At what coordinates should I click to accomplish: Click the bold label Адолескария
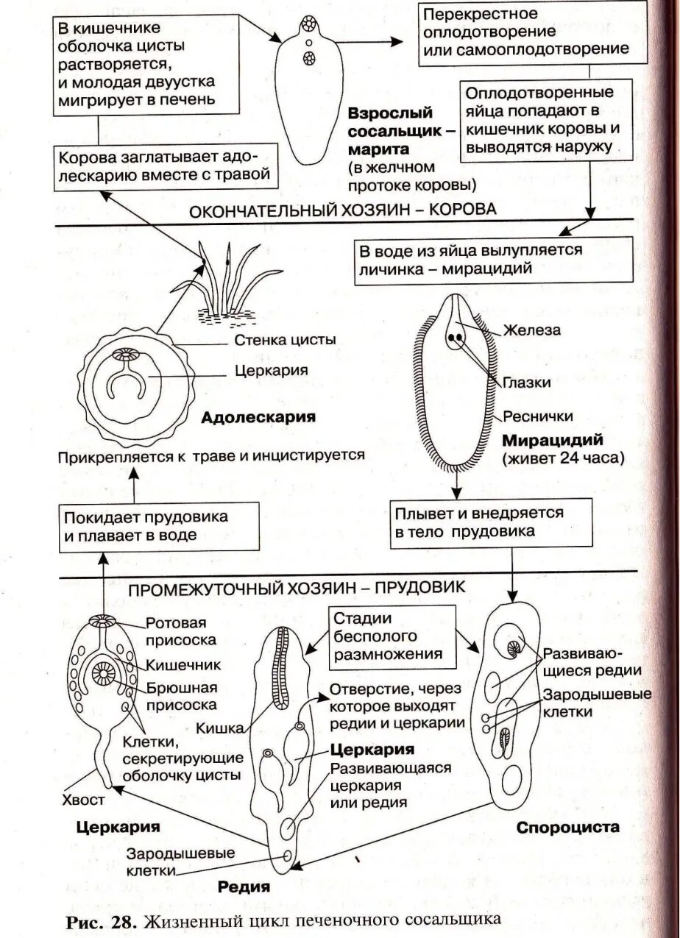(x=258, y=418)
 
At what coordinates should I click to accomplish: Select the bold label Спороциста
(x=567, y=827)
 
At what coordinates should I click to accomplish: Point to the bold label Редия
(x=244, y=887)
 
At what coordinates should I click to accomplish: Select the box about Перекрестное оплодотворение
(x=527, y=33)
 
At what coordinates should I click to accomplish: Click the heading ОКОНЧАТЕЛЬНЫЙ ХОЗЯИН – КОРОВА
(x=343, y=209)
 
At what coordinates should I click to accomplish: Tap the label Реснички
(x=538, y=416)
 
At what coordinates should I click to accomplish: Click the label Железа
(x=532, y=330)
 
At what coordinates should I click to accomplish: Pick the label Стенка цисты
(x=286, y=340)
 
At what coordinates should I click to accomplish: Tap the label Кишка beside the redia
(x=220, y=728)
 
